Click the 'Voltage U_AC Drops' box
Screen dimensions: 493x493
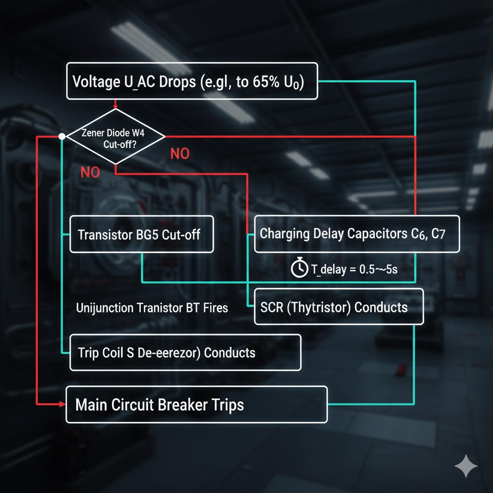(x=192, y=81)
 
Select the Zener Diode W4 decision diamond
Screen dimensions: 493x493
(x=115, y=136)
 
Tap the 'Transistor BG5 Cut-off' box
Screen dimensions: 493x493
(x=141, y=234)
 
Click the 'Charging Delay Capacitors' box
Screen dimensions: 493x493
(x=356, y=234)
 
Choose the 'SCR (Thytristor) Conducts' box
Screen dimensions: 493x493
(x=338, y=306)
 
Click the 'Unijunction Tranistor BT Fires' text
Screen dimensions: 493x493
(x=152, y=308)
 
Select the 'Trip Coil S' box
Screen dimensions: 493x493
(x=185, y=352)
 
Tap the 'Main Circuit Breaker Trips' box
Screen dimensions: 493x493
(x=196, y=404)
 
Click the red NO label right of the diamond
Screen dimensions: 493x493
(x=180, y=154)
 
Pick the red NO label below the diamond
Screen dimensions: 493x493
(x=90, y=172)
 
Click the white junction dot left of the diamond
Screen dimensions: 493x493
(x=62, y=136)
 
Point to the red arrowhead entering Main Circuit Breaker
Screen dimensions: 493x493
(x=63, y=404)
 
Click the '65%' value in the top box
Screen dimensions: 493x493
(x=264, y=81)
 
